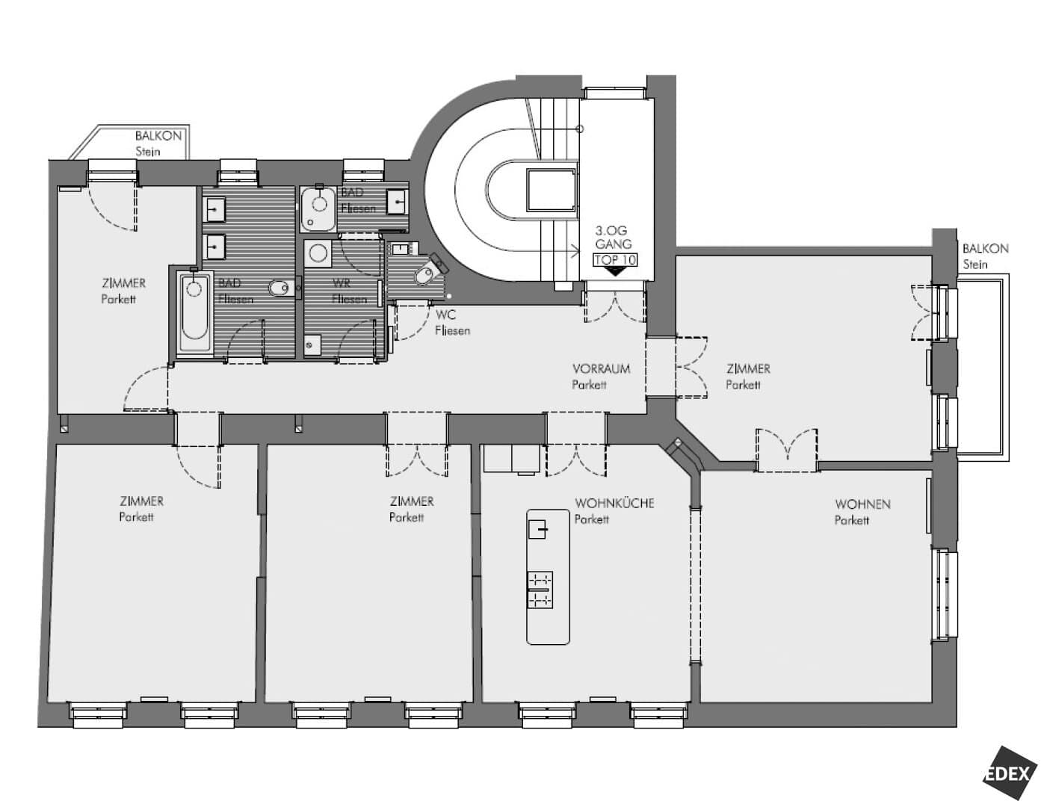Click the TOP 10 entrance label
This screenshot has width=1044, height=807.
pyautogui.click(x=615, y=260)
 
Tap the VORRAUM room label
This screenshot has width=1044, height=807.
pyautogui.click(x=601, y=369)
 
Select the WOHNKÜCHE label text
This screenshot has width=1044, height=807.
pyautogui.click(x=614, y=504)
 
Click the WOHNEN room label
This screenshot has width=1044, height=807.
pyautogui.click(x=863, y=504)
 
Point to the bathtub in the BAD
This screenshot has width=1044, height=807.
pyautogui.click(x=194, y=313)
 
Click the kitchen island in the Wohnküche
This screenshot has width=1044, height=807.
pyautogui.click(x=549, y=577)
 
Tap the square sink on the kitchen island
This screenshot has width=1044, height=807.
pyautogui.click(x=537, y=530)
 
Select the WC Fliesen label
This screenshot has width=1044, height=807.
pyautogui.click(x=453, y=323)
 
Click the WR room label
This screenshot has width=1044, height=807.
pyautogui.click(x=342, y=283)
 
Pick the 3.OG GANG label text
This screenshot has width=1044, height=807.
pyautogui.click(x=613, y=238)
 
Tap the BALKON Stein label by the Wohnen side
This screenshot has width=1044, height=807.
pyautogui.click(x=986, y=256)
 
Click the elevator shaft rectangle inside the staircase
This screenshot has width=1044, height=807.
pyautogui.click(x=552, y=191)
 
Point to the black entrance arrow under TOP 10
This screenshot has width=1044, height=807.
pyautogui.click(x=615, y=272)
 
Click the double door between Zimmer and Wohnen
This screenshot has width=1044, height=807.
pyautogui.click(x=786, y=450)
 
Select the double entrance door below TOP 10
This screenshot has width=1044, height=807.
pyautogui.click(x=615, y=306)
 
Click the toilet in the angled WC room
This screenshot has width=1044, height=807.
pyautogui.click(x=427, y=273)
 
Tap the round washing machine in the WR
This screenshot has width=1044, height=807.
pyautogui.click(x=318, y=253)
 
